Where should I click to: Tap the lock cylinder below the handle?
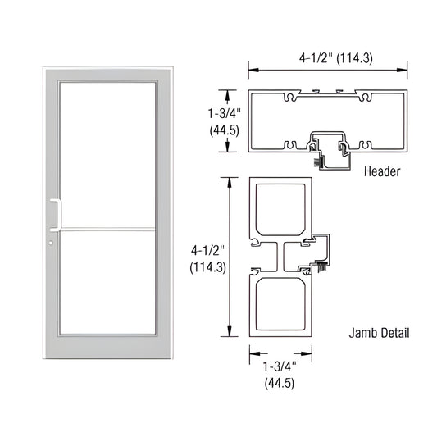pos(49,244)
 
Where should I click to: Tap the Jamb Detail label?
pos(378,333)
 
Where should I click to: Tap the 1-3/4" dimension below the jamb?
pos(280,366)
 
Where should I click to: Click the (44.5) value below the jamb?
pos(280,383)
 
